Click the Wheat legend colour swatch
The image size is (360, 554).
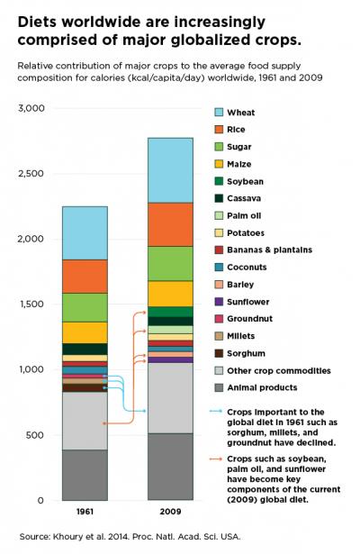point(219,113)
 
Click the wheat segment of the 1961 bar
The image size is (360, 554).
point(84,232)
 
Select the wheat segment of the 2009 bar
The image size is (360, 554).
point(170,169)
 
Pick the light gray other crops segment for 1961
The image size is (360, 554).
point(84,421)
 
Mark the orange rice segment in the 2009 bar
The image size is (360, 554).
point(170,223)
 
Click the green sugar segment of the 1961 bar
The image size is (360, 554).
point(84,307)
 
